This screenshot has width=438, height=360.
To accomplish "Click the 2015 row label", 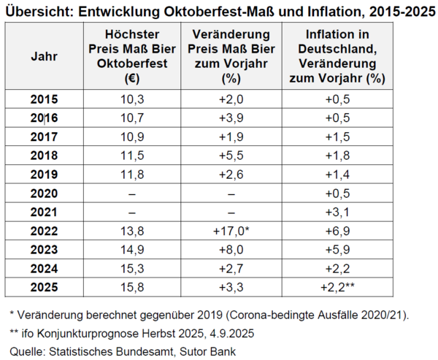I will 45,99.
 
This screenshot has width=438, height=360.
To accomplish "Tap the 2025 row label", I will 45,287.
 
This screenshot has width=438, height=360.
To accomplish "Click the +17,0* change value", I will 231,231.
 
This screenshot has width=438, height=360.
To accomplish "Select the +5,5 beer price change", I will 230,156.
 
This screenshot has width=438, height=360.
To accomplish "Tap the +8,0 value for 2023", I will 230,250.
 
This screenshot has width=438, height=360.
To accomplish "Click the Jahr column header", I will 45,56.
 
